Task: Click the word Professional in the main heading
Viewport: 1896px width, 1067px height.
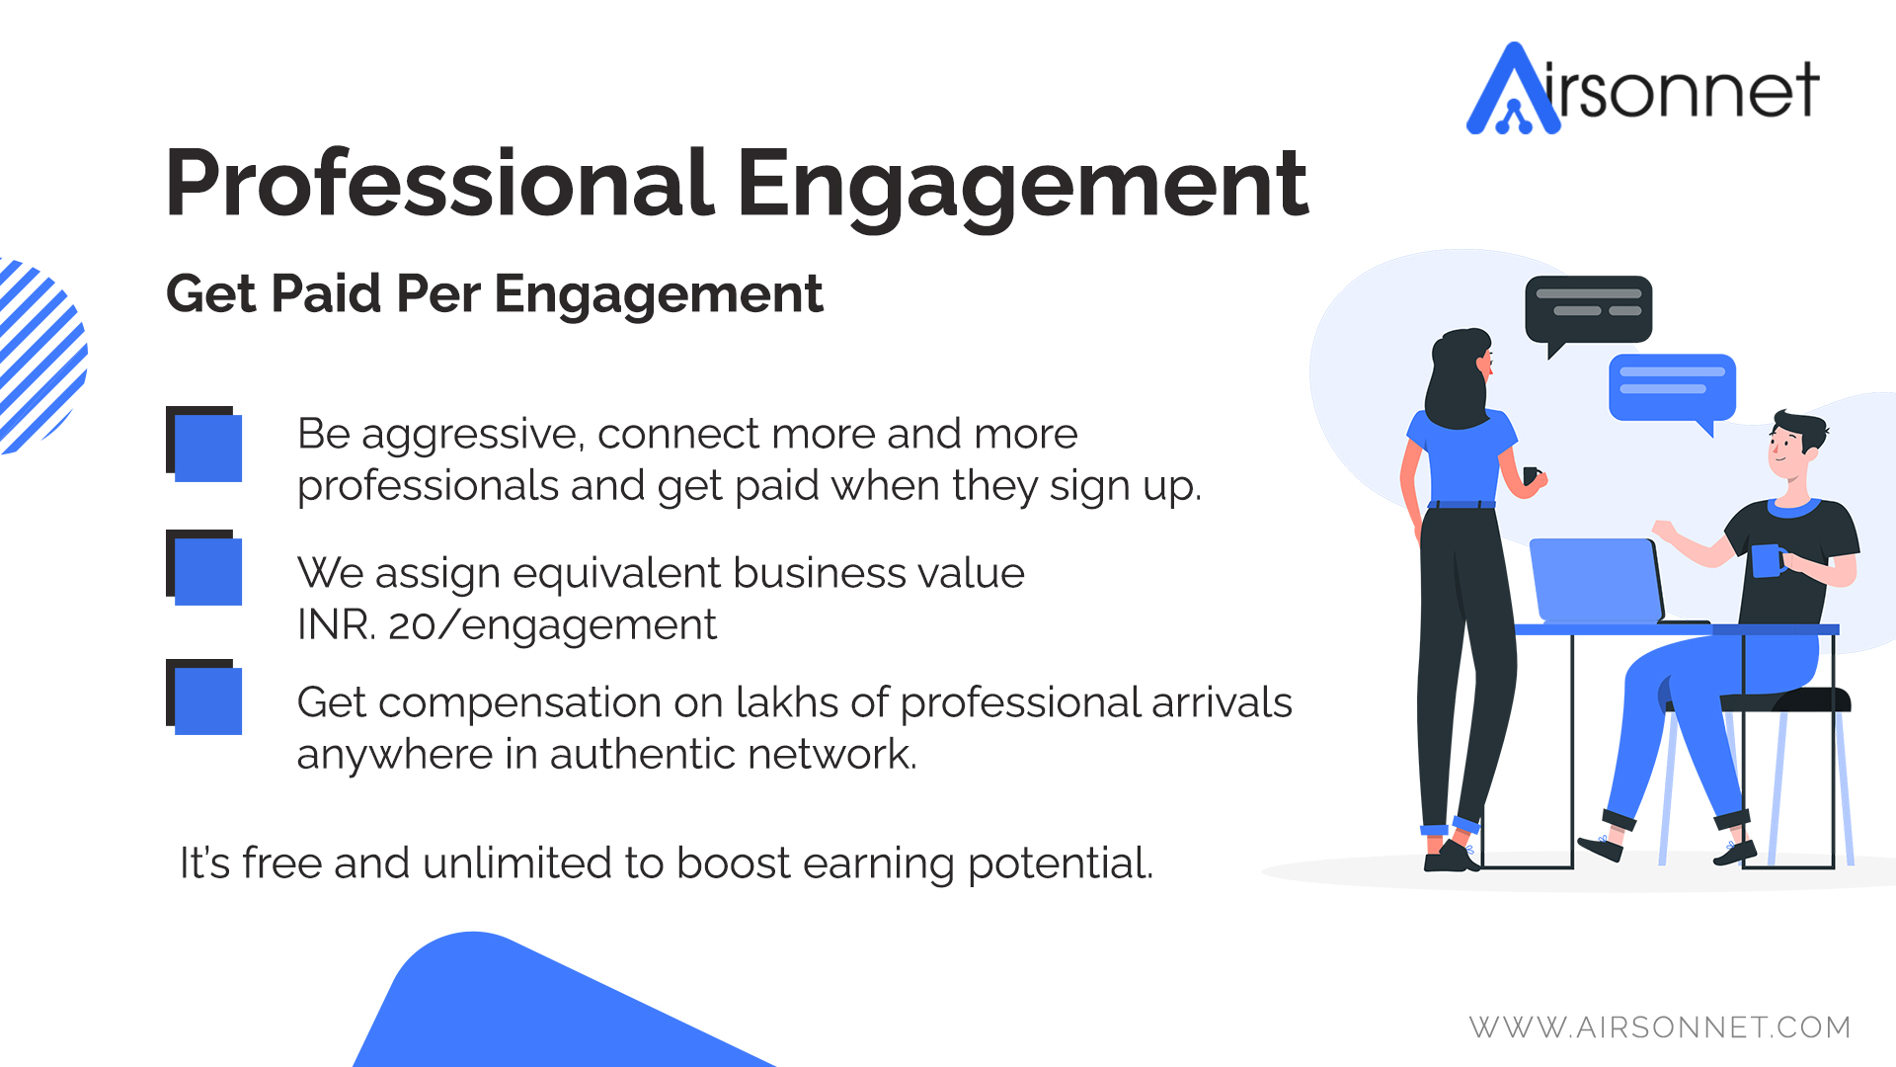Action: (x=440, y=184)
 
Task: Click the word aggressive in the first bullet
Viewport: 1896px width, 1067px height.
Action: (x=472, y=436)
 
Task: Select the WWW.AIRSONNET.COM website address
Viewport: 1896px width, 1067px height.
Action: (x=1660, y=1027)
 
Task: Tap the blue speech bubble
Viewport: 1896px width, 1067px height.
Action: (x=1673, y=391)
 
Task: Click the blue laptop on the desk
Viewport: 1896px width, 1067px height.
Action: (x=1597, y=581)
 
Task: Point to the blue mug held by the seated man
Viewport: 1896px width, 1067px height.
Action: (x=1768, y=560)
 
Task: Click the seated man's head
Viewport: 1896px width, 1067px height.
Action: (x=1795, y=445)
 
